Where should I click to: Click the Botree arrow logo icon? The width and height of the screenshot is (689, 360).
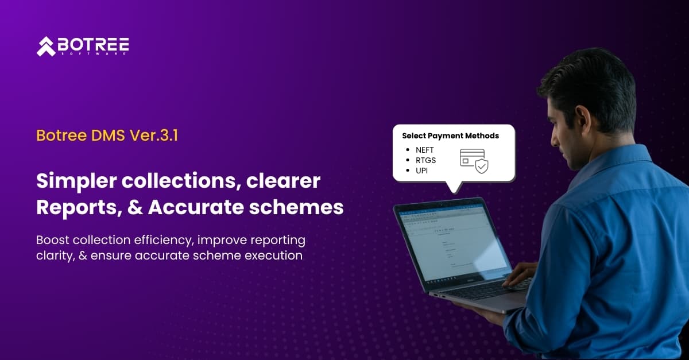click(x=46, y=47)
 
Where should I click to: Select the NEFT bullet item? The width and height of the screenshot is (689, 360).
click(x=425, y=150)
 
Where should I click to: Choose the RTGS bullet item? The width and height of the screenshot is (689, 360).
click(x=426, y=160)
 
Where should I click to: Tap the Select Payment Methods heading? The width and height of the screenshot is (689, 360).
click(x=450, y=136)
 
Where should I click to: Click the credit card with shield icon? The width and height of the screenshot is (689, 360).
click(x=473, y=160)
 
